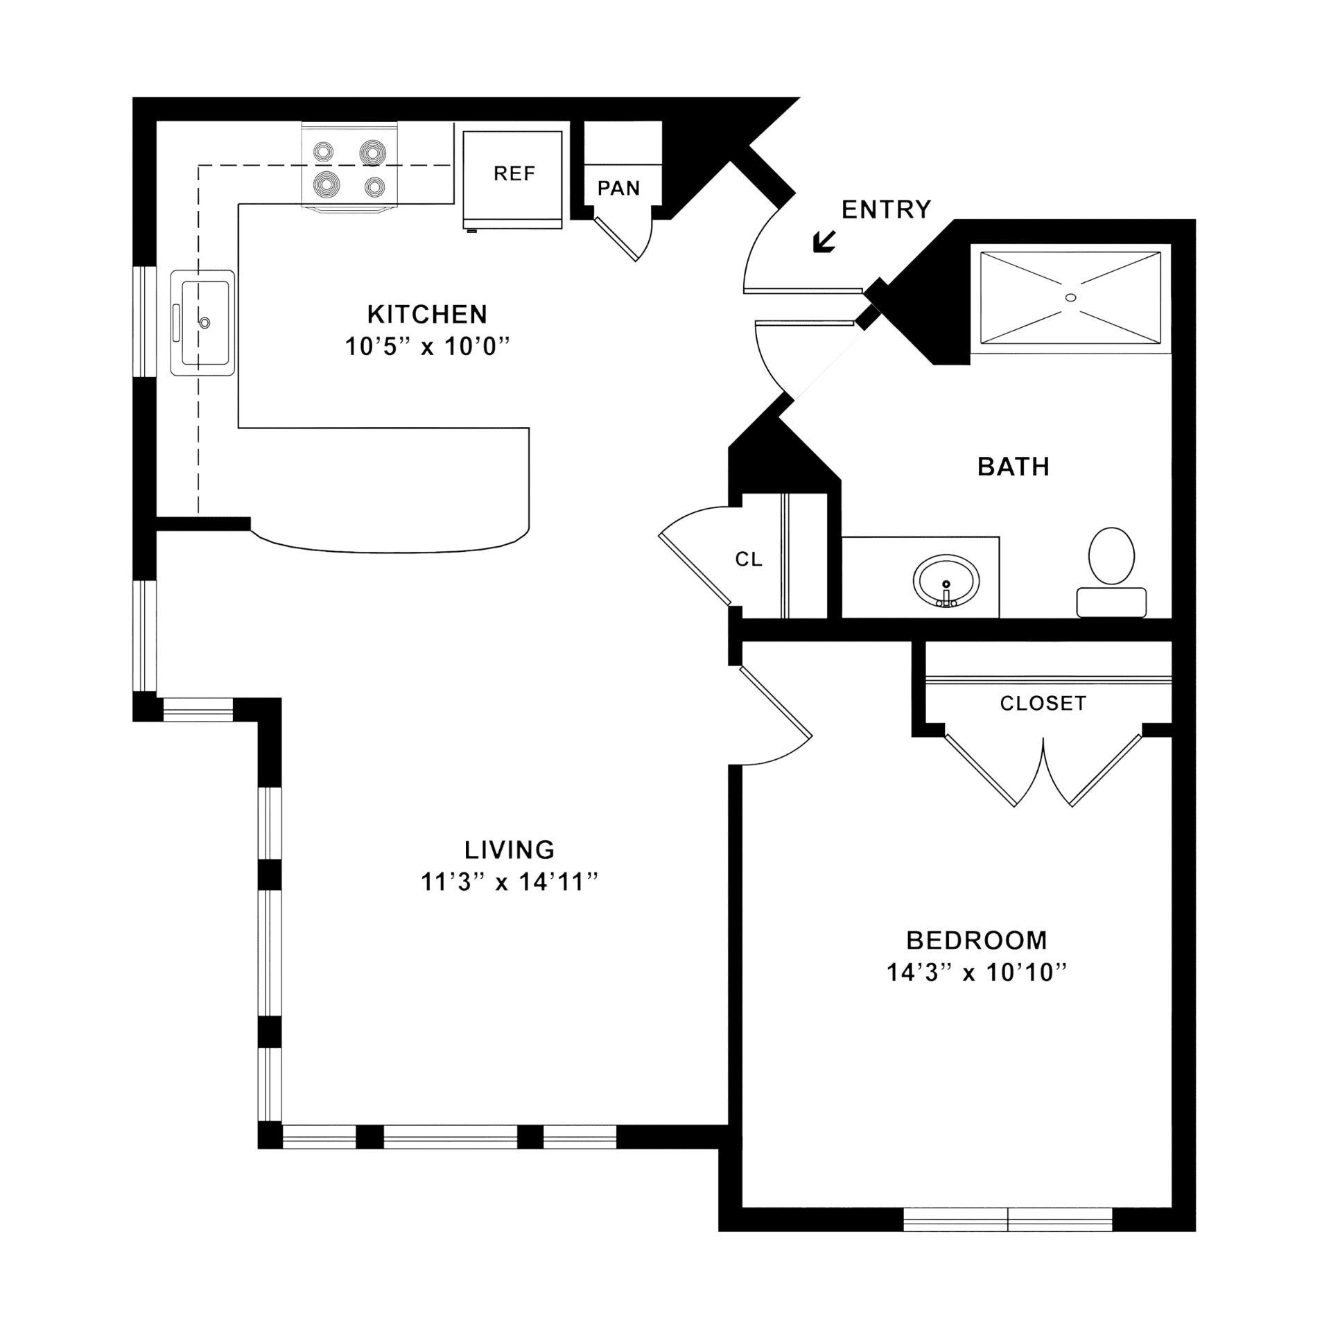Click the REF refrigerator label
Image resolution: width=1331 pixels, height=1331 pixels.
[514, 173]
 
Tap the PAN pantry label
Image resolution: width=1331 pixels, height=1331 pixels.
[618, 189]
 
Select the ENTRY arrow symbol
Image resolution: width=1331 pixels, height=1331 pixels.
[824, 241]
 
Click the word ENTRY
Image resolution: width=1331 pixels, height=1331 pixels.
[886, 209]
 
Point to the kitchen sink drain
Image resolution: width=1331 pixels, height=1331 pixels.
[205, 323]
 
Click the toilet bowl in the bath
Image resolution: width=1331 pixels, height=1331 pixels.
[1111, 556]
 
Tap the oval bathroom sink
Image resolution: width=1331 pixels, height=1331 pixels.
[946, 581]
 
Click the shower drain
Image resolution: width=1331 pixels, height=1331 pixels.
[1070, 297]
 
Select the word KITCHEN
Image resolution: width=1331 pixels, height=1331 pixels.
[427, 315]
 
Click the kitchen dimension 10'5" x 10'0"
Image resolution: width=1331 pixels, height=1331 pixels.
[427, 347]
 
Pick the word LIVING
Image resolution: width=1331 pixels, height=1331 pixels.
[510, 850]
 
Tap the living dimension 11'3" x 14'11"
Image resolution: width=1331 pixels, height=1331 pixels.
[510, 882]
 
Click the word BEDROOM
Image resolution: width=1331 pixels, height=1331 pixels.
[977, 941]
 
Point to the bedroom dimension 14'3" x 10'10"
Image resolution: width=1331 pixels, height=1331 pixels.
[977, 973]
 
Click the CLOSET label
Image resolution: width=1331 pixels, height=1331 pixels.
[1043, 704]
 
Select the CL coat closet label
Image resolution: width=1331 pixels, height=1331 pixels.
[749, 559]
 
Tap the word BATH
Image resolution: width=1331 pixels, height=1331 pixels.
[1013, 467]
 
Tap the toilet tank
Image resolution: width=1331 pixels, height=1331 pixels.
[1111, 602]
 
